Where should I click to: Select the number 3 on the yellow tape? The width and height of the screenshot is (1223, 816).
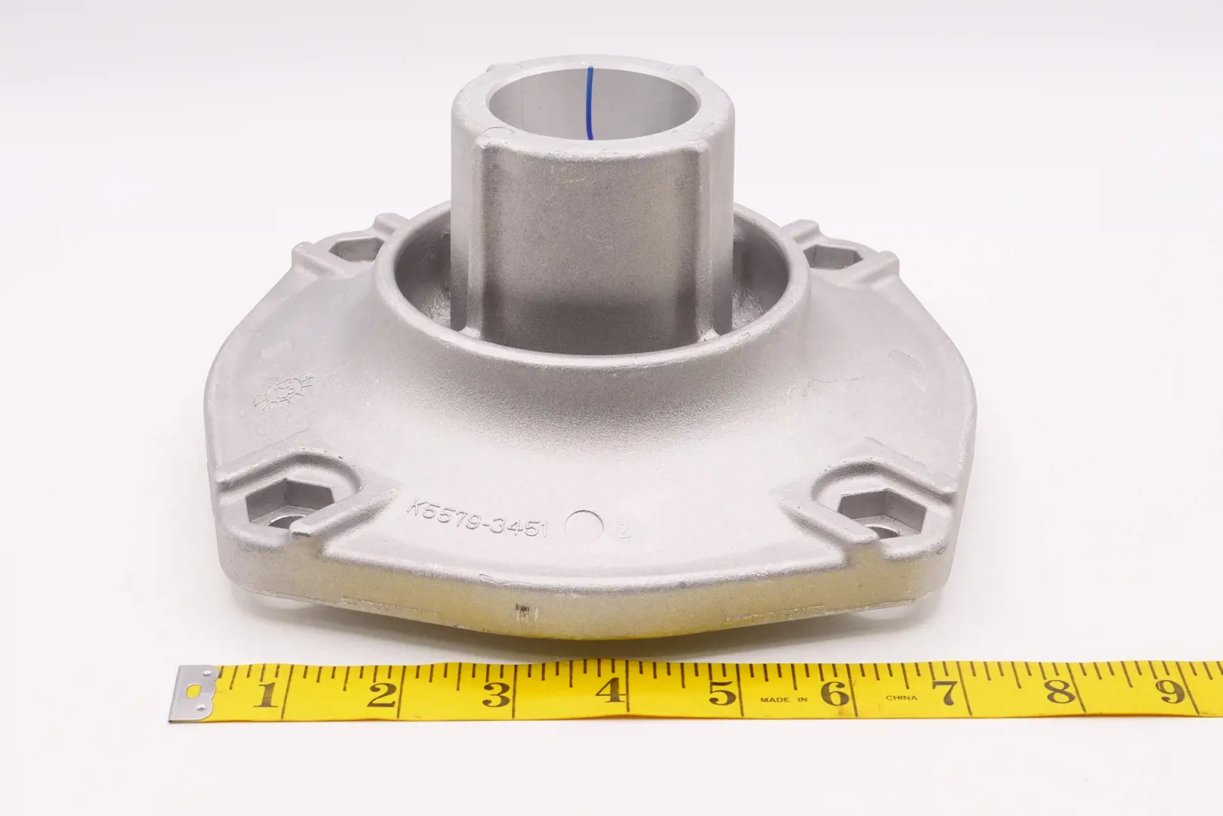coord(496,693)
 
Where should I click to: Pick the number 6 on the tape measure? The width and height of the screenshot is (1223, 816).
coord(835,692)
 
